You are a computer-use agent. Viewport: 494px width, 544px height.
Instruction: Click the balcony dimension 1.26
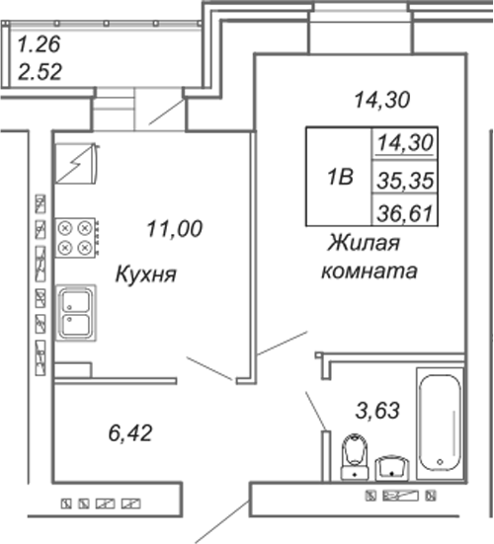tap(39, 44)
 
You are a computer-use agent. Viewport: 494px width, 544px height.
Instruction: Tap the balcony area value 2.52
tap(40, 72)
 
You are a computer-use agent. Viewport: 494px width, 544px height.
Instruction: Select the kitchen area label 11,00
tap(174, 229)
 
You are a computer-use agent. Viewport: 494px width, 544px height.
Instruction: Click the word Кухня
tap(146, 274)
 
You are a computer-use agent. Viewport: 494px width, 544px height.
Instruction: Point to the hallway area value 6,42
tap(130, 433)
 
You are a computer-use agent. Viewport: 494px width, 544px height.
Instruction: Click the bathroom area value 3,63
tap(377, 410)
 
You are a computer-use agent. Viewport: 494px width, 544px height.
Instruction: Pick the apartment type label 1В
tap(340, 177)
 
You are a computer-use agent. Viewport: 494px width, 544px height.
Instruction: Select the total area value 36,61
tap(405, 213)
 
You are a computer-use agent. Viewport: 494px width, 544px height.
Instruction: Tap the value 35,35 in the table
tap(405, 181)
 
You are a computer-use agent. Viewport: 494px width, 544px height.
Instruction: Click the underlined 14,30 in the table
tap(405, 143)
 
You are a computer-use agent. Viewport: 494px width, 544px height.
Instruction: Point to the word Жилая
tap(364, 243)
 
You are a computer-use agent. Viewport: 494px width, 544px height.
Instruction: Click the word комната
tap(370, 272)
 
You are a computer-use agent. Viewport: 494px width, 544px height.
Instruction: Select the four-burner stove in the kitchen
tap(76, 238)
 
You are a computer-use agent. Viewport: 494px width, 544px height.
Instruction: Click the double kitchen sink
tap(76, 313)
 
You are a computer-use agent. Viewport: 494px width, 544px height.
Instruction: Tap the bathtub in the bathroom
tap(440, 423)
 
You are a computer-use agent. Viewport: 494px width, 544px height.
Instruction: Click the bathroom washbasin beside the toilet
tap(392, 468)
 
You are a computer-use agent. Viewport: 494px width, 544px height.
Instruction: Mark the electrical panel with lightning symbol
tap(77, 164)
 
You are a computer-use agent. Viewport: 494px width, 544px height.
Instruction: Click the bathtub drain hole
tap(441, 462)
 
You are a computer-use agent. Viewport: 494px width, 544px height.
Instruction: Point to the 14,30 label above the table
tap(382, 100)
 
